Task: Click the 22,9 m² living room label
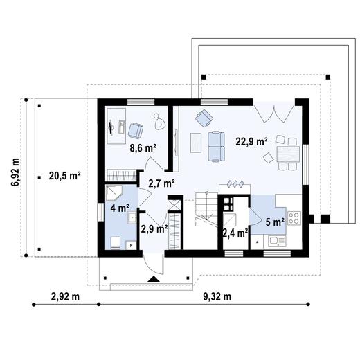251,141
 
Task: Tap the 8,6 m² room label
143,147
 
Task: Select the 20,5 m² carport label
64,176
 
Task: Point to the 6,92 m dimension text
15,172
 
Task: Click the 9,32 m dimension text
217,296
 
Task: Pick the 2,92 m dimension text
65,296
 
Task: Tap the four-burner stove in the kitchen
294,218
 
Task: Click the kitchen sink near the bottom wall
277,241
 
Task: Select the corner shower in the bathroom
114,193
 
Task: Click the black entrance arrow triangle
154,279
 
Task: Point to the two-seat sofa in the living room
216,146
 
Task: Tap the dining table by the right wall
288,154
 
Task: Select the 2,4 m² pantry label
235,233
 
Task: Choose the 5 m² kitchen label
275,222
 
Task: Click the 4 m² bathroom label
120,208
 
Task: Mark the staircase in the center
206,209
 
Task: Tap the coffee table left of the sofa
196,143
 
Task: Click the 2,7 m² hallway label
161,183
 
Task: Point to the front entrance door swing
153,264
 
